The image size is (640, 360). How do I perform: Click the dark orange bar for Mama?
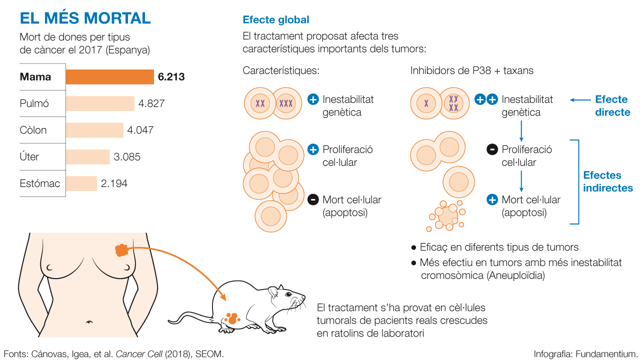pyautogui.click(x=109, y=77)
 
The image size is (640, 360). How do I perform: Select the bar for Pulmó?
pyautogui.click(x=100, y=103)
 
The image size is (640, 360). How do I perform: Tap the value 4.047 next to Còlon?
pyautogui.click(x=140, y=130)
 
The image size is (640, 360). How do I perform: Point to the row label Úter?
pyautogui.click(x=29, y=156)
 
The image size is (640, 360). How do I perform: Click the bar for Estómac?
pyautogui.click(x=81, y=183)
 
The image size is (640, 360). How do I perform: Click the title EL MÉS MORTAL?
pyautogui.click(x=85, y=18)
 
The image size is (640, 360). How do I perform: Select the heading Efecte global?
pyautogui.click(x=276, y=20)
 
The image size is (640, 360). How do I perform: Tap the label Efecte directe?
pyautogui.click(x=612, y=105)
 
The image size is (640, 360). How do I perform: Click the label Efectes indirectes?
pyautogui.click(x=608, y=181)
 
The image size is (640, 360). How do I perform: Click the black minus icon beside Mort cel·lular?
pyautogui.click(x=313, y=200)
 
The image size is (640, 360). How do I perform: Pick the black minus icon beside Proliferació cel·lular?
pyautogui.click(x=492, y=149)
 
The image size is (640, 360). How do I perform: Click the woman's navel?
pyautogui.click(x=90, y=321)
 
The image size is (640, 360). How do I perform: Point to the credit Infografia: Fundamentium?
pyautogui.click(x=585, y=353)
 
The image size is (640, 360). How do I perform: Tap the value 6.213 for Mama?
pyautogui.click(x=171, y=77)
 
